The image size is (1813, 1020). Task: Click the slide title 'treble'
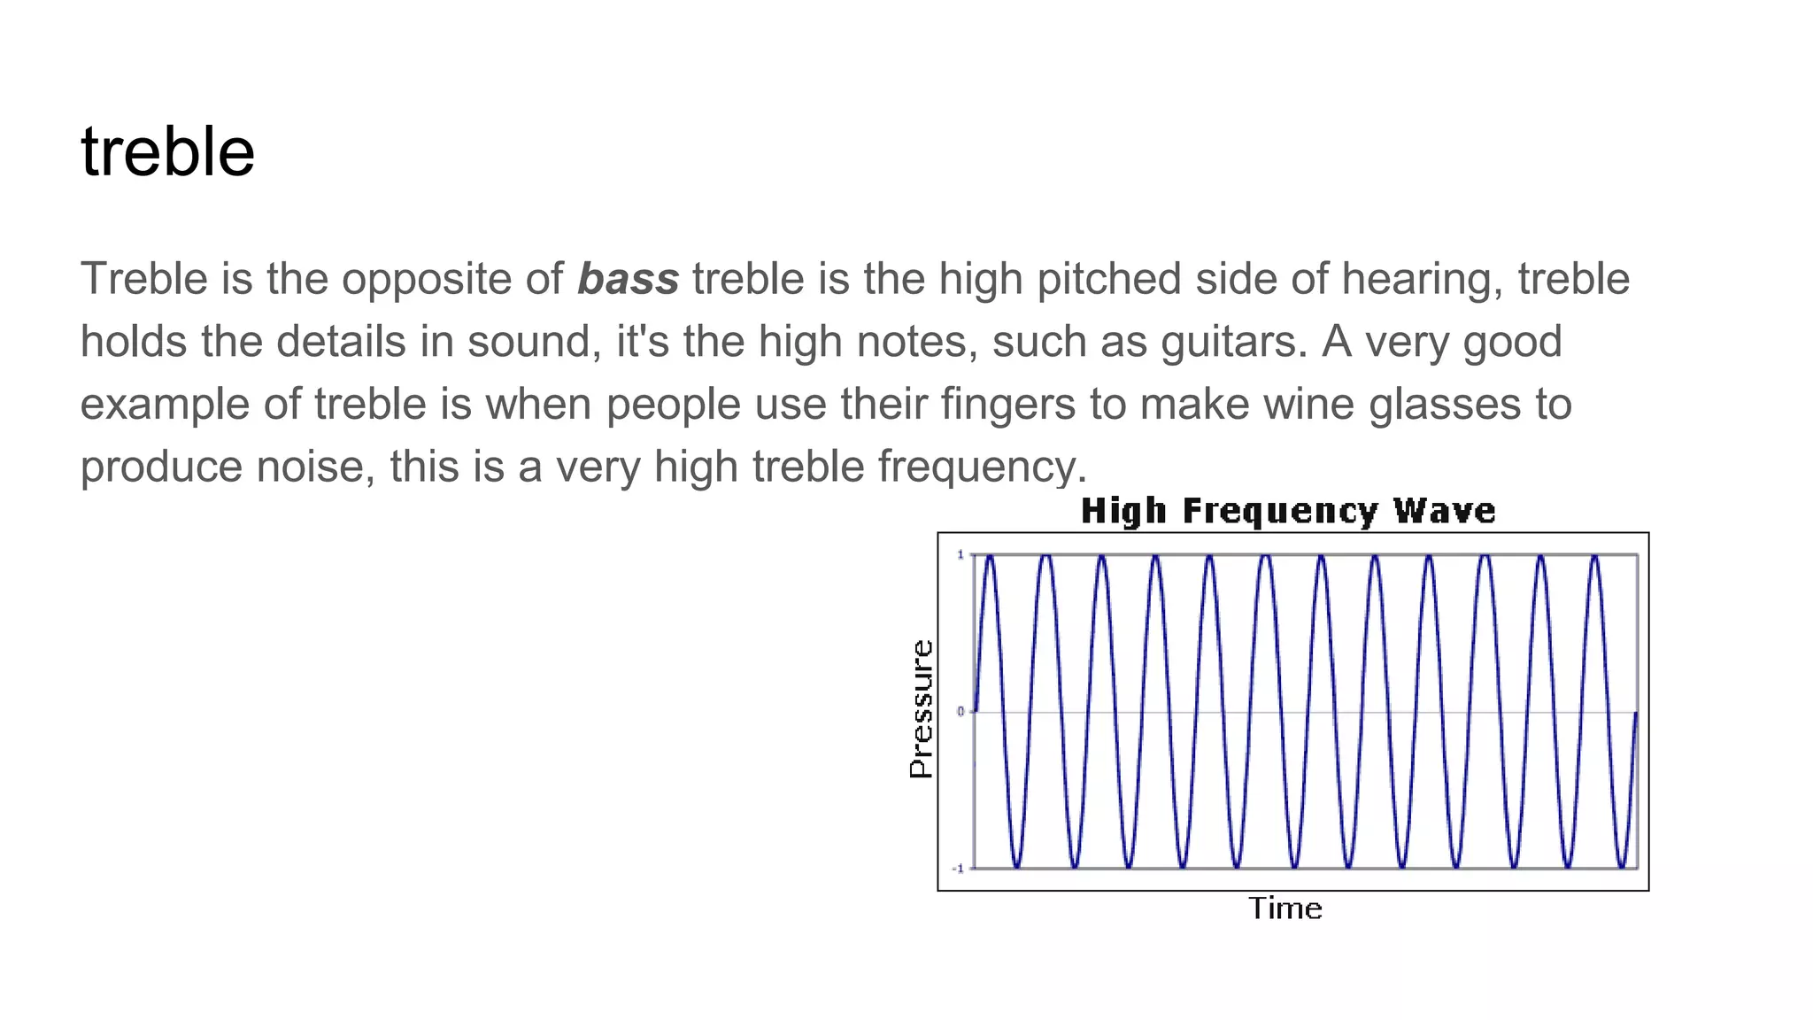click(167, 152)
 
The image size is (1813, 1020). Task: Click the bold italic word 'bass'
click(628, 279)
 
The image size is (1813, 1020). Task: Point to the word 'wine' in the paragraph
click(1308, 405)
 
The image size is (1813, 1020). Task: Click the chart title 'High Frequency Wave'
click(1288, 512)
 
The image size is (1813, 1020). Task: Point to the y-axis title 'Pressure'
click(922, 709)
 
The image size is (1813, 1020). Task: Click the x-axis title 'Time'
click(1285, 908)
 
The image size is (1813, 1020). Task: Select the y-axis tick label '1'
click(961, 555)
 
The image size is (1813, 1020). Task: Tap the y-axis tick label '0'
click(961, 712)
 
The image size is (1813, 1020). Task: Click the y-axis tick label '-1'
click(958, 869)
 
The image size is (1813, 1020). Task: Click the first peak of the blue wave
click(990, 557)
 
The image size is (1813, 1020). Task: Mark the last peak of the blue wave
click(1594, 557)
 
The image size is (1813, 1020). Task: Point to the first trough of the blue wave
click(1017, 866)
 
